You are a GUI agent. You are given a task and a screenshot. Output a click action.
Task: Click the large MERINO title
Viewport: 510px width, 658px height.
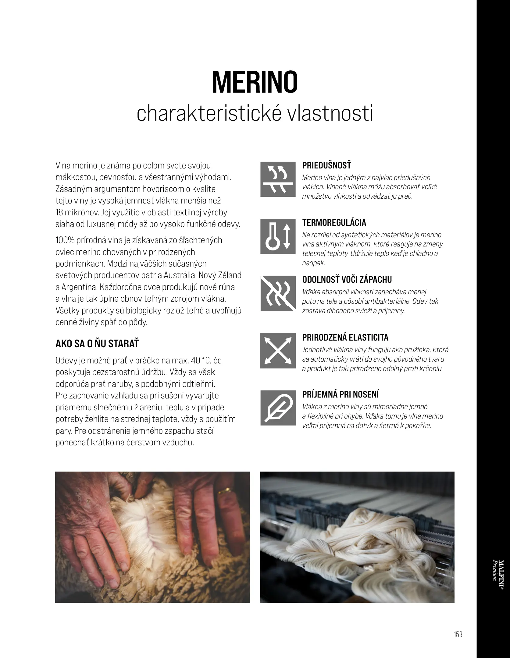click(255, 82)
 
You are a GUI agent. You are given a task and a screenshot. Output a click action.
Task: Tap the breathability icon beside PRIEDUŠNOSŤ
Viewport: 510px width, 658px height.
click(278, 179)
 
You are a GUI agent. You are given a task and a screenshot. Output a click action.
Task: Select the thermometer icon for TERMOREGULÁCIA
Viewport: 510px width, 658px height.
click(278, 236)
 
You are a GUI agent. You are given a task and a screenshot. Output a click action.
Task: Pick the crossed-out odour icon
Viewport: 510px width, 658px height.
click(278, 294)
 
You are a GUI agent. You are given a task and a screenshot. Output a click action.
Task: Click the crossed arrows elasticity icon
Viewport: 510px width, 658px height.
click(278, 351)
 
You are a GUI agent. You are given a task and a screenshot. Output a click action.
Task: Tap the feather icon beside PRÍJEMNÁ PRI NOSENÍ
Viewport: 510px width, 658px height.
click(278, 408)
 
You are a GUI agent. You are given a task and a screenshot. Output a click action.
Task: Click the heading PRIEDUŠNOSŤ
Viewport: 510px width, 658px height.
click(326, 166)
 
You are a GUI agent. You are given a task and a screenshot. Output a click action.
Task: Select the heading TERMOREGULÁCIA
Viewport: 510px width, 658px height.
click(334, 223)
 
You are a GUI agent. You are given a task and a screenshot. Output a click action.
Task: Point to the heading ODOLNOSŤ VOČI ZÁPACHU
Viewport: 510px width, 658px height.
click(347, 280)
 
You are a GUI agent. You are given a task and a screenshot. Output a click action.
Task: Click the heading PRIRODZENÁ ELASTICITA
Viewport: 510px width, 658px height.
click(345, 338)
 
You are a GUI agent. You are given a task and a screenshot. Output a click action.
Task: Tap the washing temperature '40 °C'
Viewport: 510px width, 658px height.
click(201, 361)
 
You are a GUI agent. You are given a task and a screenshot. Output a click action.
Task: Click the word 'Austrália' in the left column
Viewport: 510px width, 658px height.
click(180, 275)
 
